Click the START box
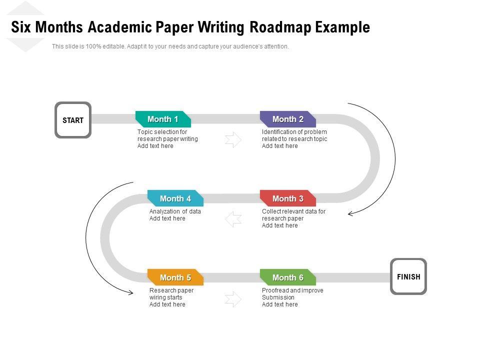coord(73,120)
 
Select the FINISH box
coord(408,276)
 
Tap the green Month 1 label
coord(163,119)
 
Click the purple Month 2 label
coord(288,119)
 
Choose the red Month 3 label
coord(288,198)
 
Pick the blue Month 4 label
coord(175,198)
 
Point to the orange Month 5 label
coord(175,277)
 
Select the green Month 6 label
coord(288,277)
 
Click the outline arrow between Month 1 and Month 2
coord(233,140)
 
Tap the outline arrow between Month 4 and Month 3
coord(233,219)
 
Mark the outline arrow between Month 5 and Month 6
coord(233,299)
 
